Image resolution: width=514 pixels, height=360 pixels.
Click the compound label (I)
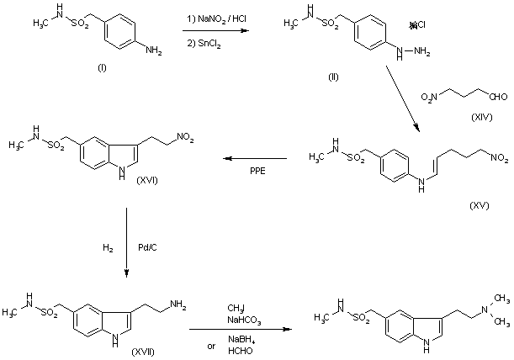(102, 68)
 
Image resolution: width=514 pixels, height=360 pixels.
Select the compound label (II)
(333, 77)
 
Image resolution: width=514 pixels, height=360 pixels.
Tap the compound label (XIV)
(481, 117)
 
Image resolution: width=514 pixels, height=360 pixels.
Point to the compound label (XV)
(480, 205)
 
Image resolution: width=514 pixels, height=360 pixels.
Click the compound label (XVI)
(147, 180)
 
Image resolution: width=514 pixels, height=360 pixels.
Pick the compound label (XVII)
(143, 352)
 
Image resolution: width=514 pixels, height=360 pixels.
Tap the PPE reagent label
(257, 171)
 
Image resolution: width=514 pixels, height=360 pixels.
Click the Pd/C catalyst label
(147, 247)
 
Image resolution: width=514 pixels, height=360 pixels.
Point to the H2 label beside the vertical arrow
(108, 248)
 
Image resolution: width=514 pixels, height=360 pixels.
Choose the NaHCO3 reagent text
(244, 320)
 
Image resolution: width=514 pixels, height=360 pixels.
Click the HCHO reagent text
(241, 351)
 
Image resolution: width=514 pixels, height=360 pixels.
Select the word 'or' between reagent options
(211, 347)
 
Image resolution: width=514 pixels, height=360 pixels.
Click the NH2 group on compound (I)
(153, 50)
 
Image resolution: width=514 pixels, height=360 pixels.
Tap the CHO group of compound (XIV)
(498, 97)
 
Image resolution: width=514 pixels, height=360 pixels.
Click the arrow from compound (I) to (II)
(215, 31)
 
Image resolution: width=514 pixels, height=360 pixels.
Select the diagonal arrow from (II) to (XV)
(403, 98)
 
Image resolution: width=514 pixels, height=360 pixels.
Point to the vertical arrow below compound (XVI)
(126, 242)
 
